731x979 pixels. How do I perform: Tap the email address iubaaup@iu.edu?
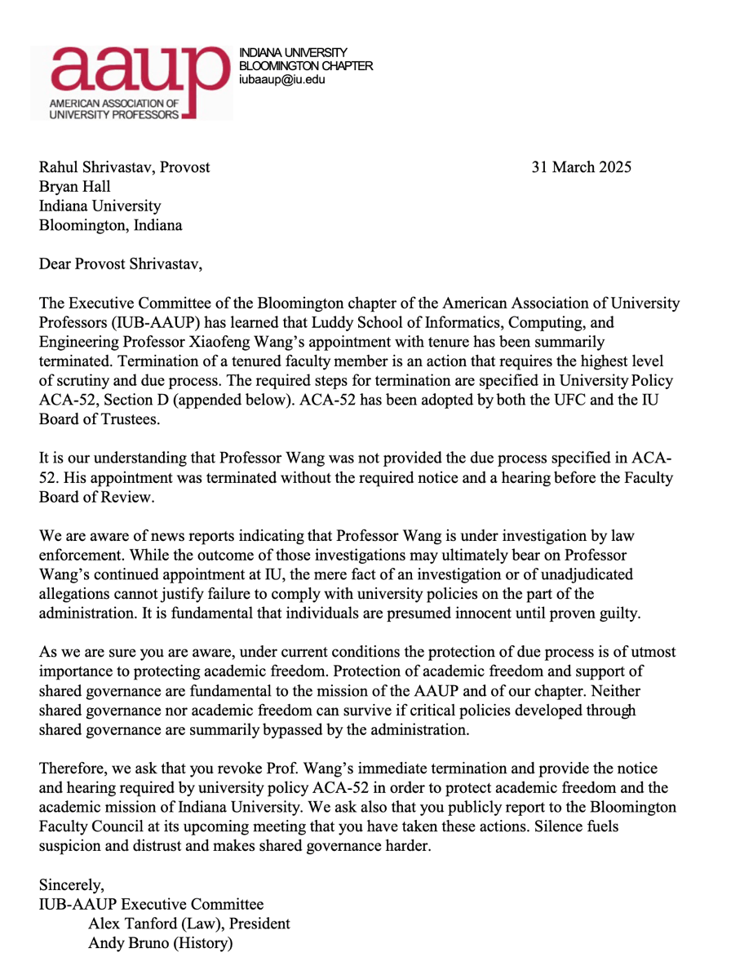coord(281,80)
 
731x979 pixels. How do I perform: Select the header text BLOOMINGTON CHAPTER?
coord(305,66)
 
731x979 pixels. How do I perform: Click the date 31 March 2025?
coord(582,167)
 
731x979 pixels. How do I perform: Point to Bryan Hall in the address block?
coord(75,187)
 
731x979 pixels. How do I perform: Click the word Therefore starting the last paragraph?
coord(73,769)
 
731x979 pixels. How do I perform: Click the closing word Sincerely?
coord(71,884)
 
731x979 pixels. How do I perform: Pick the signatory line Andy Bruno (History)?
coord(161,944)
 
